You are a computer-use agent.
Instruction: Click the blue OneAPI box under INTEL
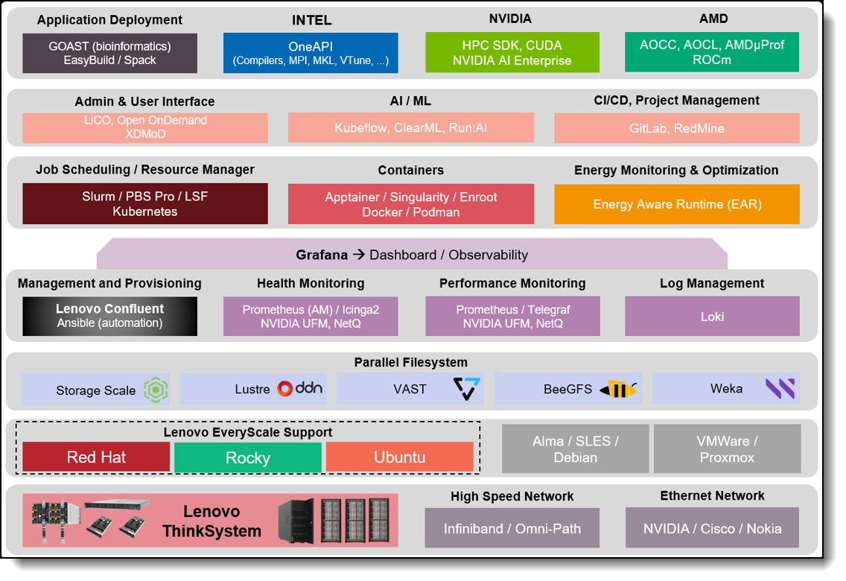(311, 53)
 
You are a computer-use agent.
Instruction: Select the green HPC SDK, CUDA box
(512, 53)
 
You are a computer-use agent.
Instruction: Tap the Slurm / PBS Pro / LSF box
(145, 204)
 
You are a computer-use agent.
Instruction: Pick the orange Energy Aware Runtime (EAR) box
(676, 204)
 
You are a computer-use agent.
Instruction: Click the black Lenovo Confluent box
(109, 316)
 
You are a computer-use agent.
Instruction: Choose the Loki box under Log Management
(712, 316)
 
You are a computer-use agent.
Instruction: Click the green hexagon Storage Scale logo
(156, 390)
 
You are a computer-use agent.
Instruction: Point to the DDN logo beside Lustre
(300, 389)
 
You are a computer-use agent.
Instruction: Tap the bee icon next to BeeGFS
(619, 389)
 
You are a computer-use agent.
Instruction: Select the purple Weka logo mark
(780, 389)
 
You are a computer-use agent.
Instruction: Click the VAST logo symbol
(467, 389)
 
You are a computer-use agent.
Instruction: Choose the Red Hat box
(96, 457)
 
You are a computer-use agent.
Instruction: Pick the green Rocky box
(248, 457)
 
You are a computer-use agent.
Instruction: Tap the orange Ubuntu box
(399, 457)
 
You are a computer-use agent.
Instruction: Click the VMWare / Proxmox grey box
(727, 449)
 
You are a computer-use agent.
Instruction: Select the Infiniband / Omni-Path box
(512, 529)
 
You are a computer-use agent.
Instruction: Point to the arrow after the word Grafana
(358, 255)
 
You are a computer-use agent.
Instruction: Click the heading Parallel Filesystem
(410, 363)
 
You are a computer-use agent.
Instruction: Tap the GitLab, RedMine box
(676, 128)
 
